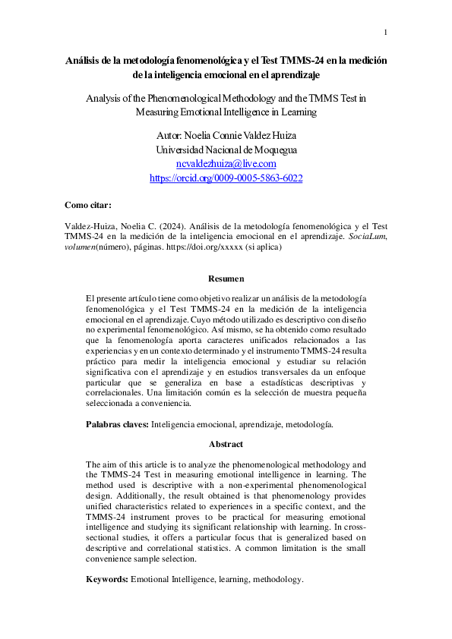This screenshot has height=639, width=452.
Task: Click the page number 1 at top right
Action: click(386, 32)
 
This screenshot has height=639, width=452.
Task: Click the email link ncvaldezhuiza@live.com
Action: click(226, 163)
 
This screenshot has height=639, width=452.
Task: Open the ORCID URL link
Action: click(226, 178)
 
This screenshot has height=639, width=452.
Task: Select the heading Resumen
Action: click(226, 279)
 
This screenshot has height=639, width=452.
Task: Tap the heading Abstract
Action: click(226, 444)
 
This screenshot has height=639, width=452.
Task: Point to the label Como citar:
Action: click(88, 205)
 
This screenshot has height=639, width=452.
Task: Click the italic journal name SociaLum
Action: click(374, 237)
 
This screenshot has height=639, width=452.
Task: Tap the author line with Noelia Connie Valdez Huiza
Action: click(226, 136)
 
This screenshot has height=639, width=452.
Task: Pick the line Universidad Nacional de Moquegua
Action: click(226, 150)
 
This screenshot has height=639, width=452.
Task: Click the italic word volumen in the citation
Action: click(81, 247)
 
